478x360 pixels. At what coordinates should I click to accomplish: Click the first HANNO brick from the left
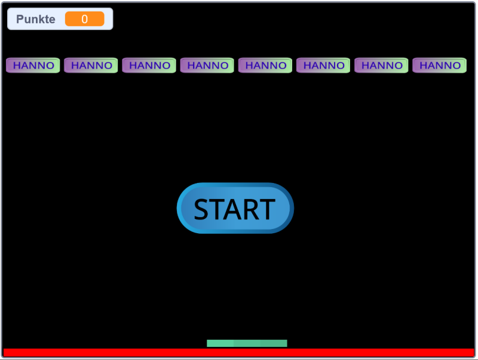33,65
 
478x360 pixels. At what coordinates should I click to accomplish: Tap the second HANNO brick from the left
91,65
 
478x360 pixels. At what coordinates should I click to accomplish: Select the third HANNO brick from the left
149,65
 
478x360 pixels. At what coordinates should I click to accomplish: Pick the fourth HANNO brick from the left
207,65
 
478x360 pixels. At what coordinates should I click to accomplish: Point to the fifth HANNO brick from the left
265,65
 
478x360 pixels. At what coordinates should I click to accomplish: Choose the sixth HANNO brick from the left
323,65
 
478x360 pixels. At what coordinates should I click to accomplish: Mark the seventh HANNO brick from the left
381,65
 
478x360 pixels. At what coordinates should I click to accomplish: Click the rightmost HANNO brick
439,65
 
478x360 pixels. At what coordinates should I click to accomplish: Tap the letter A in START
234,210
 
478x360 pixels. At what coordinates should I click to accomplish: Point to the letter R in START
252,210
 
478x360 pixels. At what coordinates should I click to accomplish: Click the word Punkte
36,19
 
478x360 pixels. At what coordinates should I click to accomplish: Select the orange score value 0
84,19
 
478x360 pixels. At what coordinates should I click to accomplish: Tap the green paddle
247,343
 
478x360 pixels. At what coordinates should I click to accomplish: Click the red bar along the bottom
239,353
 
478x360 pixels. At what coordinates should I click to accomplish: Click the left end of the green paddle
209,343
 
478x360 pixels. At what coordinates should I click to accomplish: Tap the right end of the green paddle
284,343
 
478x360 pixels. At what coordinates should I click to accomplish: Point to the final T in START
267,210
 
